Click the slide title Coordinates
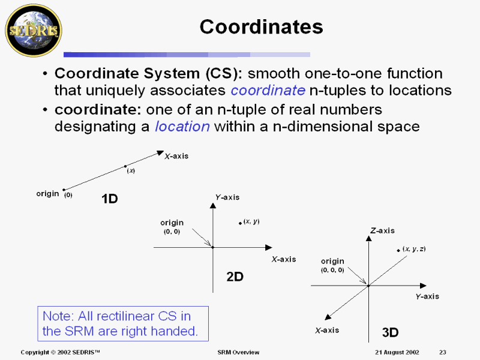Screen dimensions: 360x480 point(261,27)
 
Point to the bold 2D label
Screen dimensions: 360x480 point(235,277)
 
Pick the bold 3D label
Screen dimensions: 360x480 point(391,332)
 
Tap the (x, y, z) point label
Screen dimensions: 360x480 point(414,248)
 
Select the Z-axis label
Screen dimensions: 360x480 point(382,230)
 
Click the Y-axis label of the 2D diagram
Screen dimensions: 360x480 point(227,197)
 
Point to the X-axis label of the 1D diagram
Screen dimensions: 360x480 point(176,156)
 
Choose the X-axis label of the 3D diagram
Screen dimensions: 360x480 point(327,330)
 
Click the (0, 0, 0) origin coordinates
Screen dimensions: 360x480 point(332,270)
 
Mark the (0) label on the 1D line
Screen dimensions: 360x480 point(68,195)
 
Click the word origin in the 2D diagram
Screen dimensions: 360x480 point(172,223)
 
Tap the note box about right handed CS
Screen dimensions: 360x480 point(123,323)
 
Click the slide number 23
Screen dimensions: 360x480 point(443,352)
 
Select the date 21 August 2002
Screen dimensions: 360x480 point(397,352)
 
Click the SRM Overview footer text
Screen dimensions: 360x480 point(238,352)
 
